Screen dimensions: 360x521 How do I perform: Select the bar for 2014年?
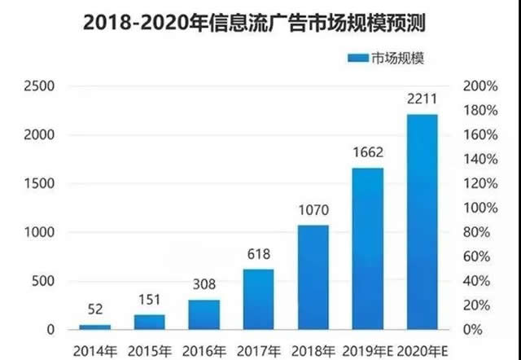(x=94, y=326)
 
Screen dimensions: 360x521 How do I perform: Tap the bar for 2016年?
(x=204, y=314)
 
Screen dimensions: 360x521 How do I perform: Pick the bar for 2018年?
(x=313, y=277)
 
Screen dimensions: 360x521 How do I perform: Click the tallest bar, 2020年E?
(x=421, y=222)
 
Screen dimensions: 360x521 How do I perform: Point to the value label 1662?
(x=367, y=152)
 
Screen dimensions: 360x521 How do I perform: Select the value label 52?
(x=95, y=310)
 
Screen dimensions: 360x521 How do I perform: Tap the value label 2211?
(x=422, y=99)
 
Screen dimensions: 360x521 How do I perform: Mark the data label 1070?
(x=313, y=209)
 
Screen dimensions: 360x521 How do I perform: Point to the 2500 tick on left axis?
(x=38, y=86)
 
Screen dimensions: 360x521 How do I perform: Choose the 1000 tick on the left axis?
(x=38, y=233)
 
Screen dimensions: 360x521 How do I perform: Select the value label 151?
(x=150, y=300)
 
